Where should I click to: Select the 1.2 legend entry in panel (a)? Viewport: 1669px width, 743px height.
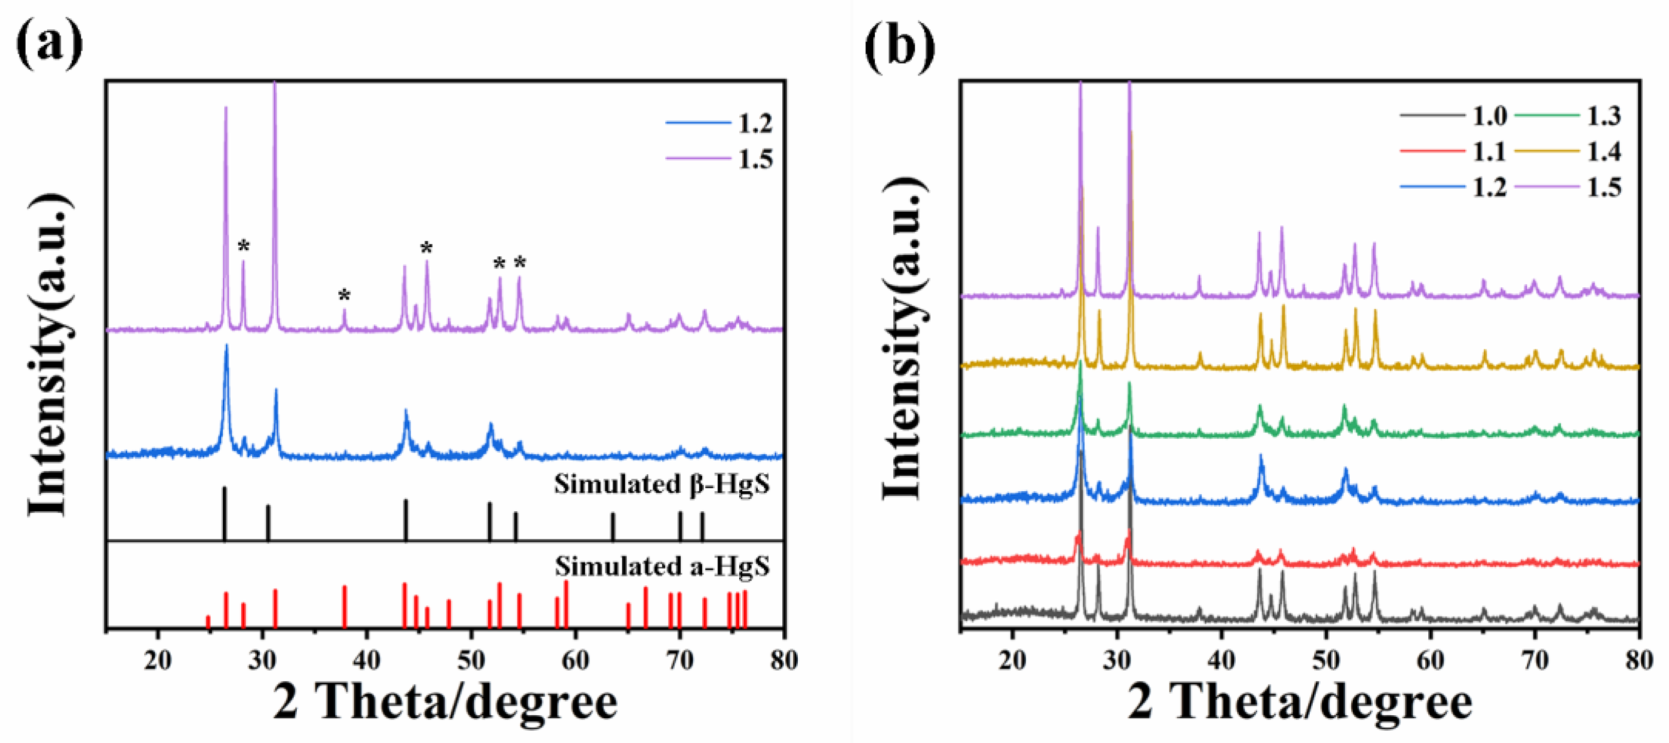click(x=719, y=123)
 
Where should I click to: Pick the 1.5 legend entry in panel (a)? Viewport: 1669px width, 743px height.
click(x=719, y=159)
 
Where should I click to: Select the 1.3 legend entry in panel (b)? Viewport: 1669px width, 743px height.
click(x=1568, y=116)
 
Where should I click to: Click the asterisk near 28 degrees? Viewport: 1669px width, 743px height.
click(x=244, y=246)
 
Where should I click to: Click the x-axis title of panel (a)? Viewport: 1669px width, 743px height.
click(x=445, y=703)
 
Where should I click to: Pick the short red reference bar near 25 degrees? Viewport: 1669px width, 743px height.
click(x=208, y=622)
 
